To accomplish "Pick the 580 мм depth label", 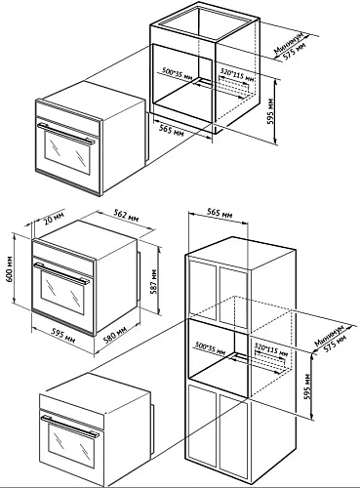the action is point(114,334).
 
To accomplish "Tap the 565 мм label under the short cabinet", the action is point(171,130).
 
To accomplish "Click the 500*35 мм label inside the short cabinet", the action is point(178,74).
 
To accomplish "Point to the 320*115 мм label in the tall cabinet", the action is point(271,348).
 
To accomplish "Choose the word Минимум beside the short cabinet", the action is point(289,42).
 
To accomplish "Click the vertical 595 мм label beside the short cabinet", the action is point(270,111).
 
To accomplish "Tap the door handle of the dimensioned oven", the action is point(61,272).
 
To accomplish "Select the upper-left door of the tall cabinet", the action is point(202,288).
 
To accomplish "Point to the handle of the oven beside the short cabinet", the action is point(65,134).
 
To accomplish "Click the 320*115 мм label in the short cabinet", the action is point(237,74).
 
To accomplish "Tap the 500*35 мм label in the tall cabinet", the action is point(211,347).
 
